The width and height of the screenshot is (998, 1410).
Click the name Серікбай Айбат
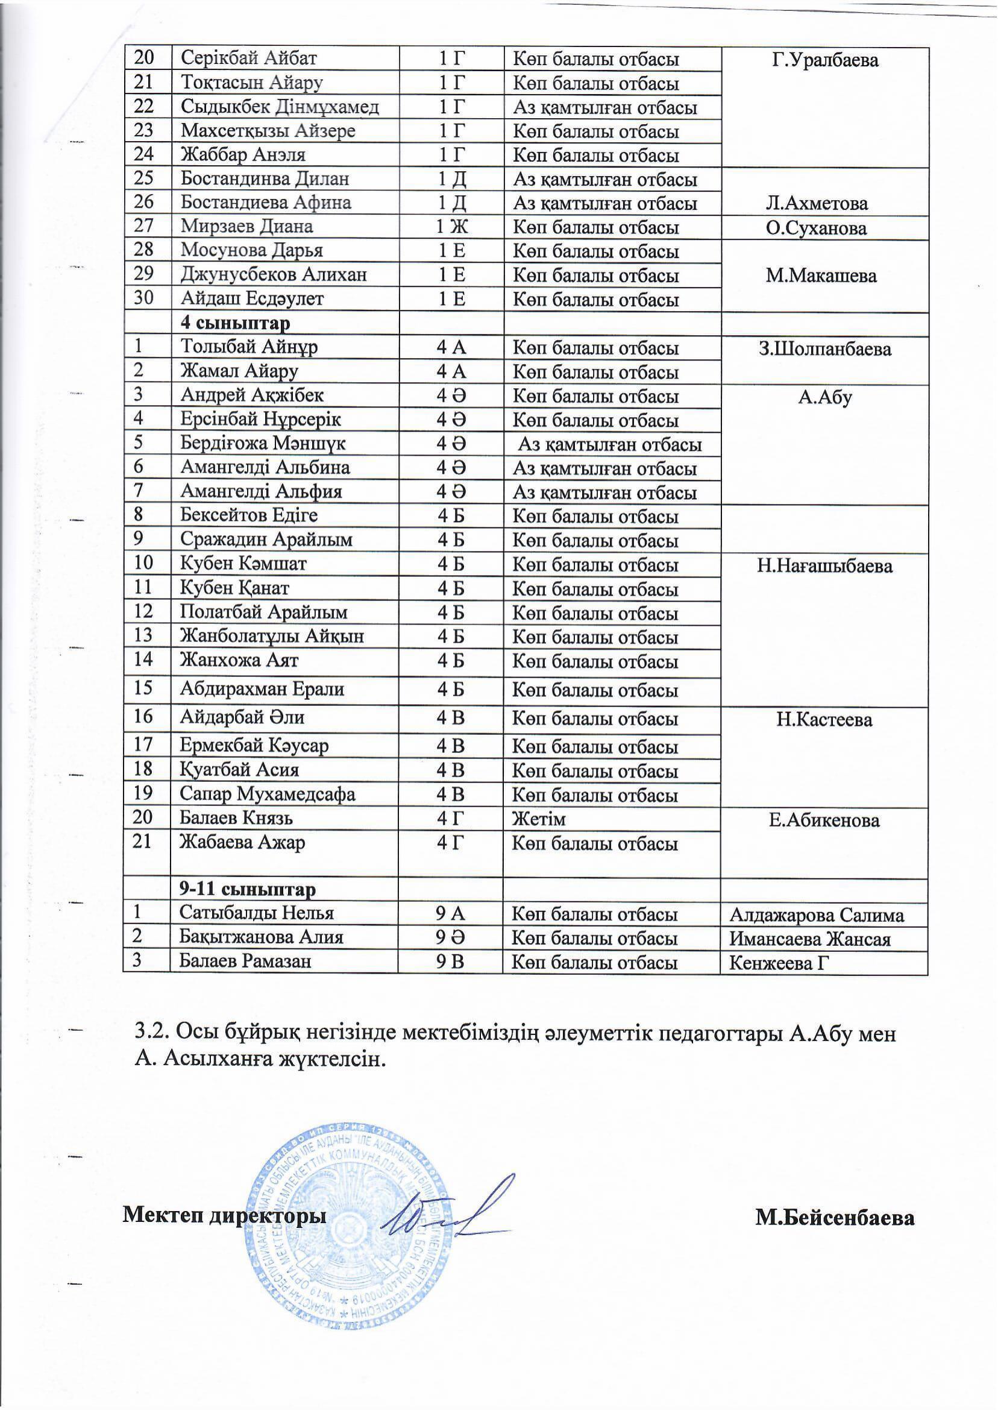tap(248, 59)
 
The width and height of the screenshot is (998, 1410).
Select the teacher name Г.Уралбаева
tap(824, 60)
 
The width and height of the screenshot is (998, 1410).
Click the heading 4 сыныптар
tap(236, 323)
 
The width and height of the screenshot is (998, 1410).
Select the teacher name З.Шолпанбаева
tap(824, 349)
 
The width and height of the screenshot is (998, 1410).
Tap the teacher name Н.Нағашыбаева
tap(824, 565)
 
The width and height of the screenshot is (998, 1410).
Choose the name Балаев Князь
tap(236, 819)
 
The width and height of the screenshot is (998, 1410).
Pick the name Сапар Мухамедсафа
tap(268, 794)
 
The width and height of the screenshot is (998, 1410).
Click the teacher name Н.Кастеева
tap(823, 720)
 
